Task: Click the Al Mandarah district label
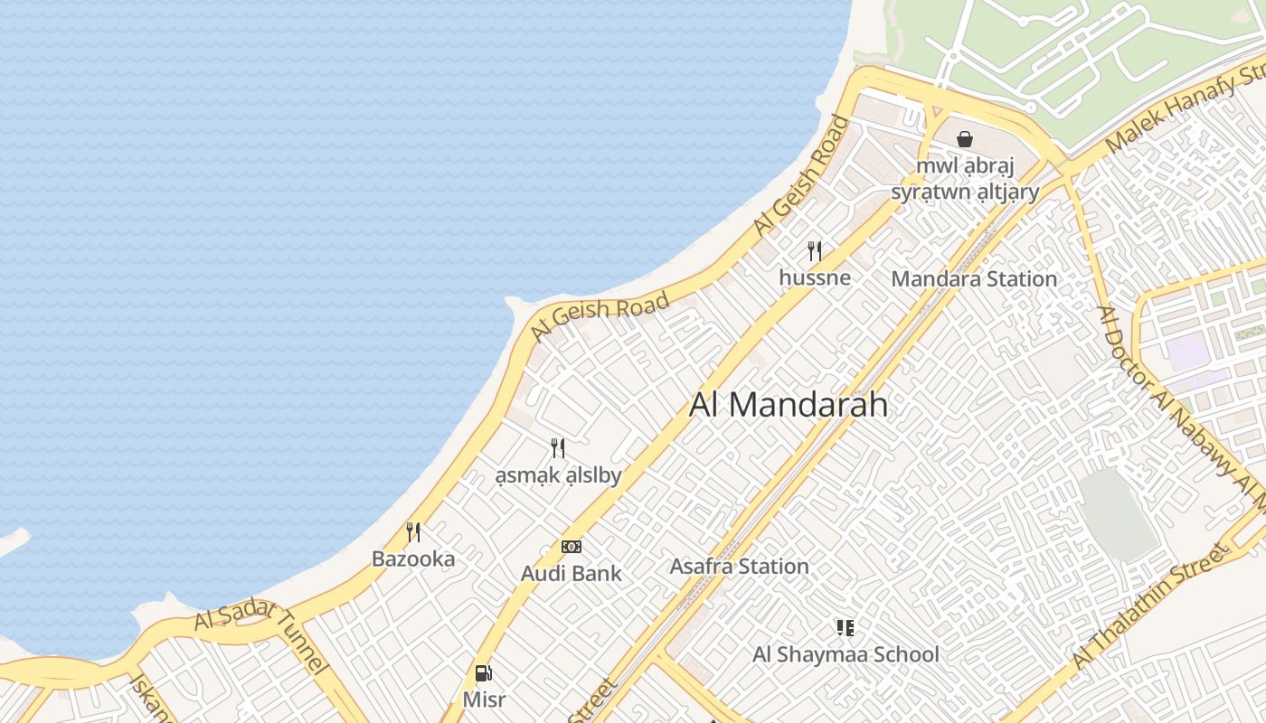788,405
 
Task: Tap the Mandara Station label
974,279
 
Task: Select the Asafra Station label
739,567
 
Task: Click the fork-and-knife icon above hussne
815,250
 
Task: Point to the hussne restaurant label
815,277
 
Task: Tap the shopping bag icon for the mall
965,139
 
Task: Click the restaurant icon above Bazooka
413,531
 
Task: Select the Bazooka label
413,559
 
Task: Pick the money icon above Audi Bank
571,547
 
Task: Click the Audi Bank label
571,574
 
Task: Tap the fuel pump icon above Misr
484,673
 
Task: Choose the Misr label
484,700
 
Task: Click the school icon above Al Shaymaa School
846,627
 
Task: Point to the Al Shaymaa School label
846,654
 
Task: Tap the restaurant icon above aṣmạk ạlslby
558,447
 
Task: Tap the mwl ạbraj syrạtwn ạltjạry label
965,179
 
